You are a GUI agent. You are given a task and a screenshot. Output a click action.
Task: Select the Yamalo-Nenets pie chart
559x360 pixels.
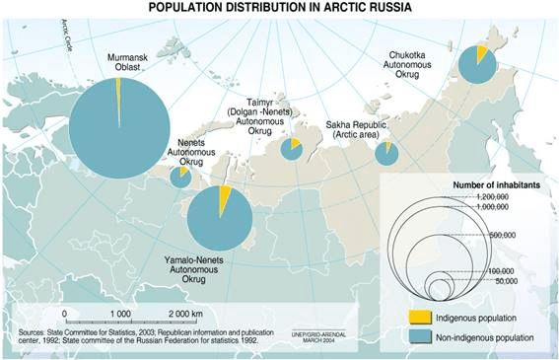[x=219, y=218]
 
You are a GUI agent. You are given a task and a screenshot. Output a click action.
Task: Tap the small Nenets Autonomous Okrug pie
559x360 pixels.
[x=180, y=177]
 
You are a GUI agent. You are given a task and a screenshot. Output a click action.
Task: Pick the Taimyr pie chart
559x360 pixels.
[x=291, y=149]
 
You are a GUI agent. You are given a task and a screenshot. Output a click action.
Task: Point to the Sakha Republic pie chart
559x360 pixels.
[x=386, y=153]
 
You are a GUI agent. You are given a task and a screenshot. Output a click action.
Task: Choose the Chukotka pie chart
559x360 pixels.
[x=478, y=65]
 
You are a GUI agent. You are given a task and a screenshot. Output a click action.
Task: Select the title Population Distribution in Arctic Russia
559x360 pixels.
[x=279, y=8]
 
